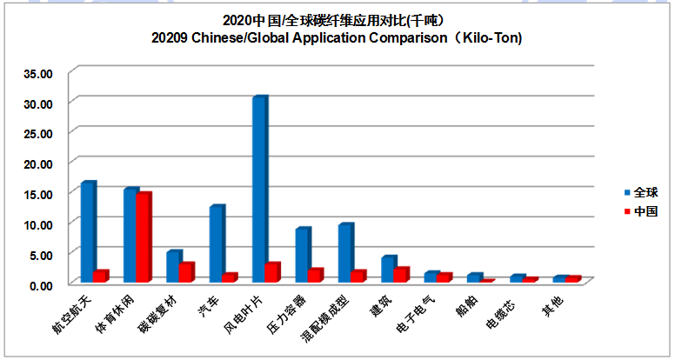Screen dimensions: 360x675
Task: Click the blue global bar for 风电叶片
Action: pos(259,190)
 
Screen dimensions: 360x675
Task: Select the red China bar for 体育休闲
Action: pos(144,237)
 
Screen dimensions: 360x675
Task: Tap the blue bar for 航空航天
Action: pos(88,232)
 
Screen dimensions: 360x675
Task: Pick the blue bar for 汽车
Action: pos(217,244)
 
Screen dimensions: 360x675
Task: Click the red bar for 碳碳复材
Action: pos(186,273)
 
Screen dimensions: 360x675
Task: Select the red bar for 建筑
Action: pos(400,275)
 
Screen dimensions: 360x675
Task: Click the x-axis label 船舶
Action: pos(466,307)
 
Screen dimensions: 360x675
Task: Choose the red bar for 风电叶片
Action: pos(272,272)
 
